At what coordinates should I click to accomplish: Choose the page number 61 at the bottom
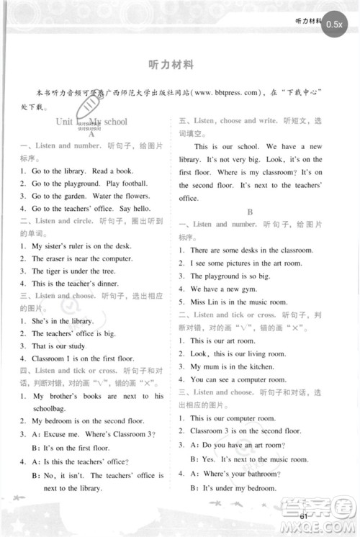(305, 515)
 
